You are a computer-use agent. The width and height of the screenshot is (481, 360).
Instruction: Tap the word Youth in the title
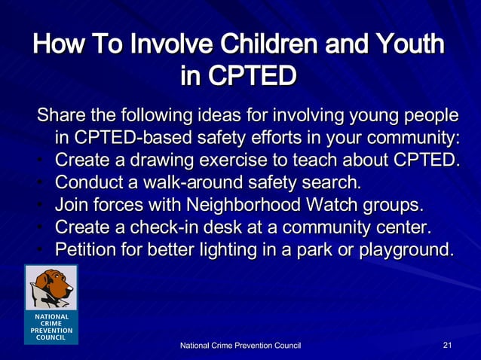pos(409,44)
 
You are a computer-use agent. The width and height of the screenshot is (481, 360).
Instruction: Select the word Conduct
pos(90,182)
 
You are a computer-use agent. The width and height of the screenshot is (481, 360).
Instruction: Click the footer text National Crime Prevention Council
pos(240,345)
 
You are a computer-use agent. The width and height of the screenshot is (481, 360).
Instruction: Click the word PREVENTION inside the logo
pos(51,330)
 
